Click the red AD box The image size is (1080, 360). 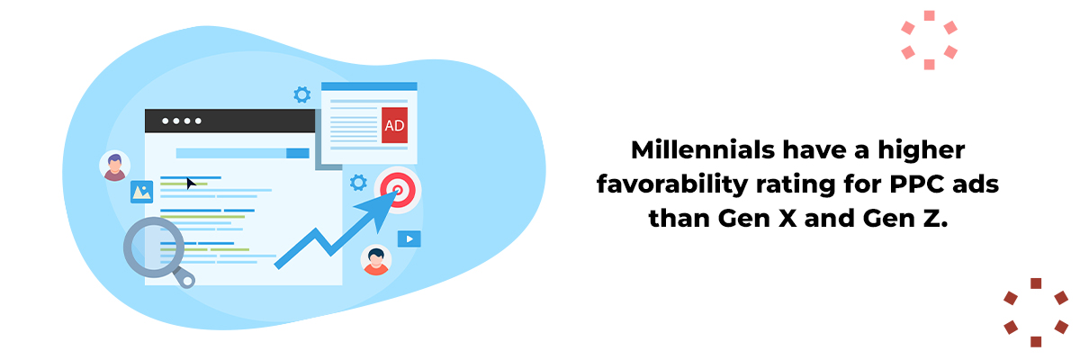[x=394, y=125]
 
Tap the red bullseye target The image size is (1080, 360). [x=398, y=191]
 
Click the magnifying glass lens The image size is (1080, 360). [x=154, y=247]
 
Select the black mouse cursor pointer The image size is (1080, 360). [x=191, y=184]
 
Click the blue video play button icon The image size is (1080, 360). [x=409, y=239]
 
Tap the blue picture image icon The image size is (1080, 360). [x=142, y=192]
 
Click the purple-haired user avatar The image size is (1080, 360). [x=115, y=166]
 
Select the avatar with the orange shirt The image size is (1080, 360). [x=376, y=260]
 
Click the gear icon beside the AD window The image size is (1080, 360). [x=302, y=94]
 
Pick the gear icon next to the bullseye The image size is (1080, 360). [x=358, y=183]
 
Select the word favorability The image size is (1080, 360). [x=671, y=184]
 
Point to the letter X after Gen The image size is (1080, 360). [x=787, y=219]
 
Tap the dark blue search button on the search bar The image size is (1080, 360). [x=298, y=153]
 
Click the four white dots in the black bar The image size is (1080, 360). [x=181, y=121]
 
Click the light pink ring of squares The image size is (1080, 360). [x=929, y=40]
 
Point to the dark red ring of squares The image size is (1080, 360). [x=1036, y=312]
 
